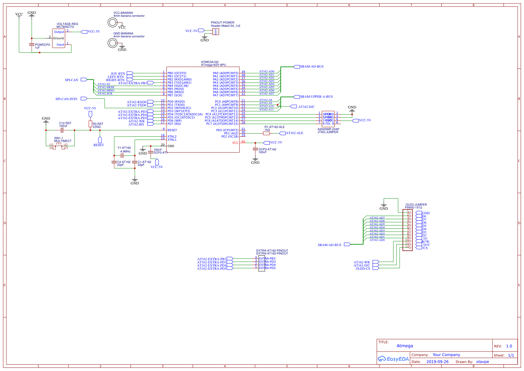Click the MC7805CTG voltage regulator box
click(58, 38)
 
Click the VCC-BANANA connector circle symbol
click(112, 22)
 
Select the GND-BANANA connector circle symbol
click(112, 43)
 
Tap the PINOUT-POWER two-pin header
click(216, 32)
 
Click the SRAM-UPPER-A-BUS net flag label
click(316, 97)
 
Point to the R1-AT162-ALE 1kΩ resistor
click(266, 133)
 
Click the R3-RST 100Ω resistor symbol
click(90, 124)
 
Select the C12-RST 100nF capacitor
click(62, 130)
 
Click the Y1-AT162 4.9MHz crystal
click(122, 155)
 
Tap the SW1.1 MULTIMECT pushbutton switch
click(59, 145)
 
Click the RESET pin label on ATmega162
click(172, 130)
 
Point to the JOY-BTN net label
click(118, 74)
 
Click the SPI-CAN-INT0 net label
click(66, 99)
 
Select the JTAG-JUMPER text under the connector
click(328, 132)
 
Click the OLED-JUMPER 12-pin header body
click(408, 230)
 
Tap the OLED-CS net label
click(363, 269)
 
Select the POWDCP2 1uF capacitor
click(32, 45)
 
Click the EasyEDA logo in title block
click(393, 359)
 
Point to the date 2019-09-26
click(437, 362)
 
